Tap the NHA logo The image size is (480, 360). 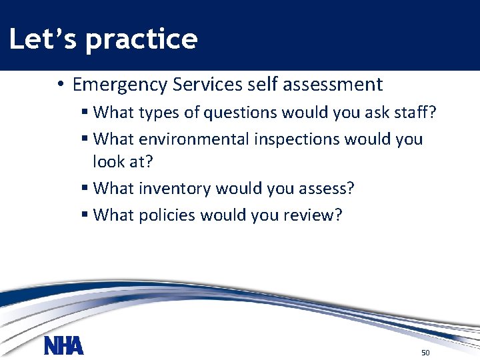[64, 346]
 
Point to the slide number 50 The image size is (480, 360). [425, 352]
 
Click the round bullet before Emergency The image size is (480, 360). [59, 85]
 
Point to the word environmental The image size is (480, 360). [193, 139]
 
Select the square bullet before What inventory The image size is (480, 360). [85, 189]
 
